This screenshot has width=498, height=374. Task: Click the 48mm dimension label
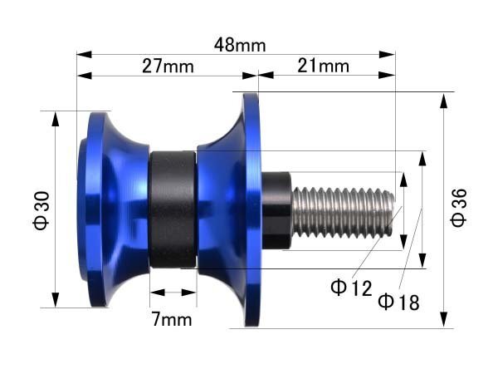coord(240,45)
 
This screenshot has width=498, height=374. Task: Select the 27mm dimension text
coord(168,66)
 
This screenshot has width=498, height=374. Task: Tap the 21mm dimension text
coord(324,66)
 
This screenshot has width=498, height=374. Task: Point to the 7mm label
coord(172,319)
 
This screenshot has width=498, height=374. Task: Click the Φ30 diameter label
coord(41,210)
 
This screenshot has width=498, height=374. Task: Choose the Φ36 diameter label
coord(459,207)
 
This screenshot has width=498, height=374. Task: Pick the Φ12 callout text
coord(351,288)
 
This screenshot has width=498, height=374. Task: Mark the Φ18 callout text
coord(398,302)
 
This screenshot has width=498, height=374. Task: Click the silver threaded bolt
coord(343,213)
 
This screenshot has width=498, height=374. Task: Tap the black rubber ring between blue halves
coord(173,209)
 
